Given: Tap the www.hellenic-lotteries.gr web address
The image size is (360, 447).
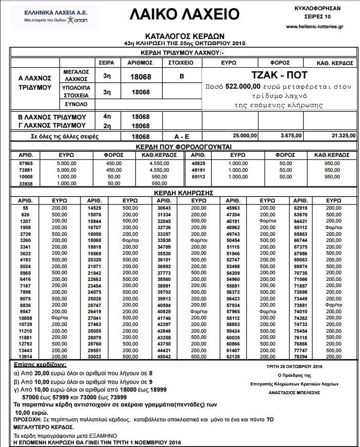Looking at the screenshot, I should [318, 26].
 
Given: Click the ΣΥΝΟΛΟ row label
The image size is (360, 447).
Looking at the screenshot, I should [76, 104].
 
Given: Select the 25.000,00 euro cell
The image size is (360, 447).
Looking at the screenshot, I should [246, 136].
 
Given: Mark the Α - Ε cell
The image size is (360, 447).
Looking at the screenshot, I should [181, 137].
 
